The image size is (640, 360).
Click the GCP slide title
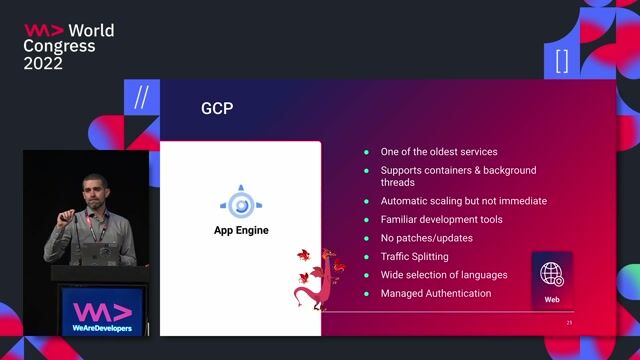pyautogui.click(x=217, y=108)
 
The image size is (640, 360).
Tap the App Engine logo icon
pyautogui.click(x=241, y=204)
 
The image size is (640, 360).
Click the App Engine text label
pyautogui.click(x=241, y=231)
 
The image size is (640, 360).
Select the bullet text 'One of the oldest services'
pyautogui.click(x=438, y=152)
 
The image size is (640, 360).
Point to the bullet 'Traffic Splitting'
pyautogui.click(x=414, y=257)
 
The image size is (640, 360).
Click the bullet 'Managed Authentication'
pyautogui.click(x=435, y=294)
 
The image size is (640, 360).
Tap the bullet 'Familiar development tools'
pyautogui.click(x=441, y=219)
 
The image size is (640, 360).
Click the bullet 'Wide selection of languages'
pyautogui.click(x=443, y=275)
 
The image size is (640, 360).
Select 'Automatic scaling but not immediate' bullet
pyautogui.click(x=463, y=201)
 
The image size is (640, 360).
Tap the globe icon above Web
pyautogui.click(x=552, y=273)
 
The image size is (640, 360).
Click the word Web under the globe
pyautogui.click(x=552, y=299)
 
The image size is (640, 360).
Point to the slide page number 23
pyautogui.click(x=569, y=324)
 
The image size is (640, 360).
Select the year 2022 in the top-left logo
pyautogui.click(x=43, y=63)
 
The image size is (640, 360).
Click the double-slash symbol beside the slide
pyautogui.click(x=141, y=99)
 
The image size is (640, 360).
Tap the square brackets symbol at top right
pyautogui.click(x=562, y=61)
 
